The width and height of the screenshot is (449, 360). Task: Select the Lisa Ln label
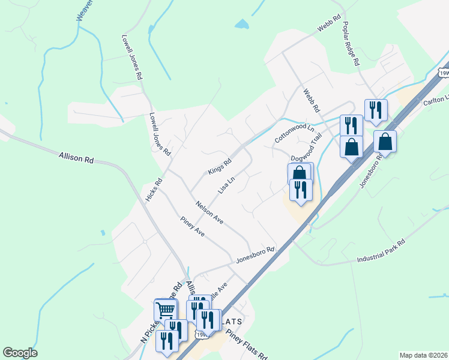click(x=226, y=184)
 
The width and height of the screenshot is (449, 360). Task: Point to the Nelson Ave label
click(x=209, y=213)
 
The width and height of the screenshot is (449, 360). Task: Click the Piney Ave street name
click(x=193, y=227)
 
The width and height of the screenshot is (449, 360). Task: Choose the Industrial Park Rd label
click(x=381, y=251)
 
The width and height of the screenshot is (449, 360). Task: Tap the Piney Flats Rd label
click(x=247, y=344)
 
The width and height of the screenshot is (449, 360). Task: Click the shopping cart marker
click(x=166, y=310)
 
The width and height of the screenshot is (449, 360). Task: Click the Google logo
click(x=20, y=353)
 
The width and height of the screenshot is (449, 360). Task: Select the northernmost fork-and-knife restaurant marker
click(x=376, y=110)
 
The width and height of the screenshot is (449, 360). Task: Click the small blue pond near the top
click(x=241, y=25)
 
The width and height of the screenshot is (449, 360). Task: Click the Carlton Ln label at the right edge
click(x=437, y=99)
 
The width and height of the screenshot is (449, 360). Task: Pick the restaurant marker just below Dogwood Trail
click(x=301, y=190)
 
